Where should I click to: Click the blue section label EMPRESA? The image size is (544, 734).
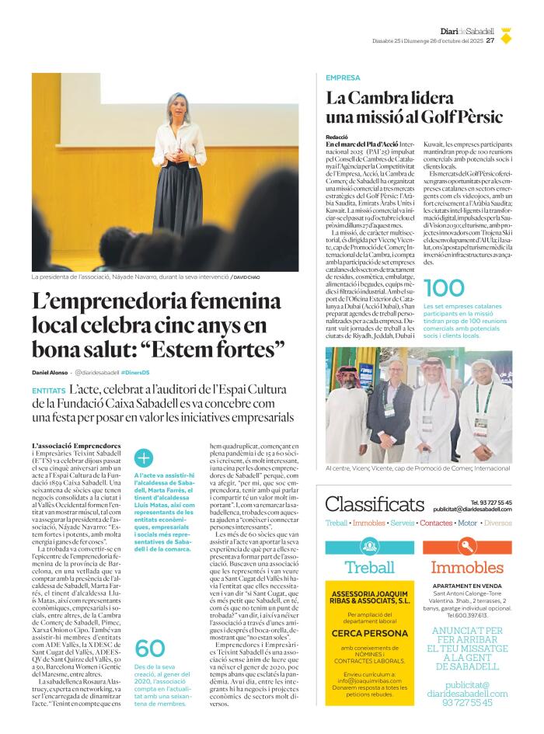coord(343,78)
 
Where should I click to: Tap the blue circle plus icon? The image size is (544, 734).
coord(144,458)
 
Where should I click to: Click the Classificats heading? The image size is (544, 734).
coord(374,505)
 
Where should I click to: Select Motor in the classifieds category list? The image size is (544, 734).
coord(467,524)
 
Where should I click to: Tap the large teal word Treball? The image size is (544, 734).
coord(369,567)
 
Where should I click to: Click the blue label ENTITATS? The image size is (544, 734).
coord(48,391)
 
